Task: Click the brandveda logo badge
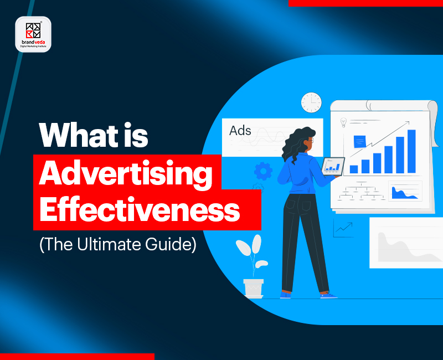(x=33, y=34)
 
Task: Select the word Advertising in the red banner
(x=126, y=173)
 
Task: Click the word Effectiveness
(x=139, y=211)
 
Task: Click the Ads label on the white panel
(x=240, y=131)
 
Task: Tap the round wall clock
(x=311, y=102)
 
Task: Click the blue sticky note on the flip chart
(x=359, y=141)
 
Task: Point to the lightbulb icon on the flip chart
(x=343, y=122)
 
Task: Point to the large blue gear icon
(x=263, y=171)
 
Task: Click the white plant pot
(x=254, y=288)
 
